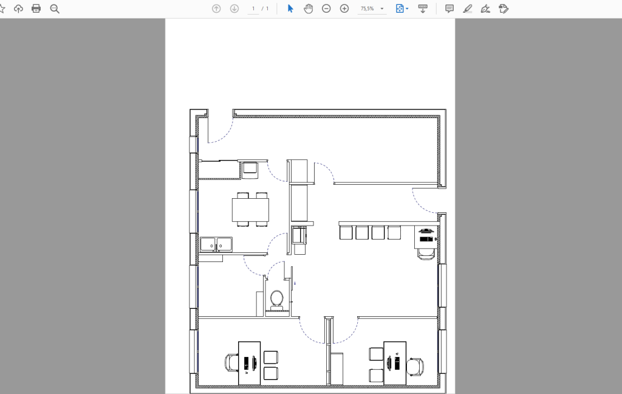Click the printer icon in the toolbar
point(36,9)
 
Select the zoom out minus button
point(326,9)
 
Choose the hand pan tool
point(308,9)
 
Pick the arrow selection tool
point(290,9)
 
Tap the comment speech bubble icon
point(449,9)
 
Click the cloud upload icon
point(18,9)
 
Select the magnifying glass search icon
point(55,9)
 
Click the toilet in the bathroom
point(276,300)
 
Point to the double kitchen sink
point(216,244)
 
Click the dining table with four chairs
point(250,210)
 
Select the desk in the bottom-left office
point(249,363)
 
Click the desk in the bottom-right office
point(395,363)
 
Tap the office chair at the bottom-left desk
point(231,363)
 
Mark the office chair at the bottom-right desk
point(415,367)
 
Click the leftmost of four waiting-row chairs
point(346,232)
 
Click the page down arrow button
point(234,9)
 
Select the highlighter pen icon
point(467,9)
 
